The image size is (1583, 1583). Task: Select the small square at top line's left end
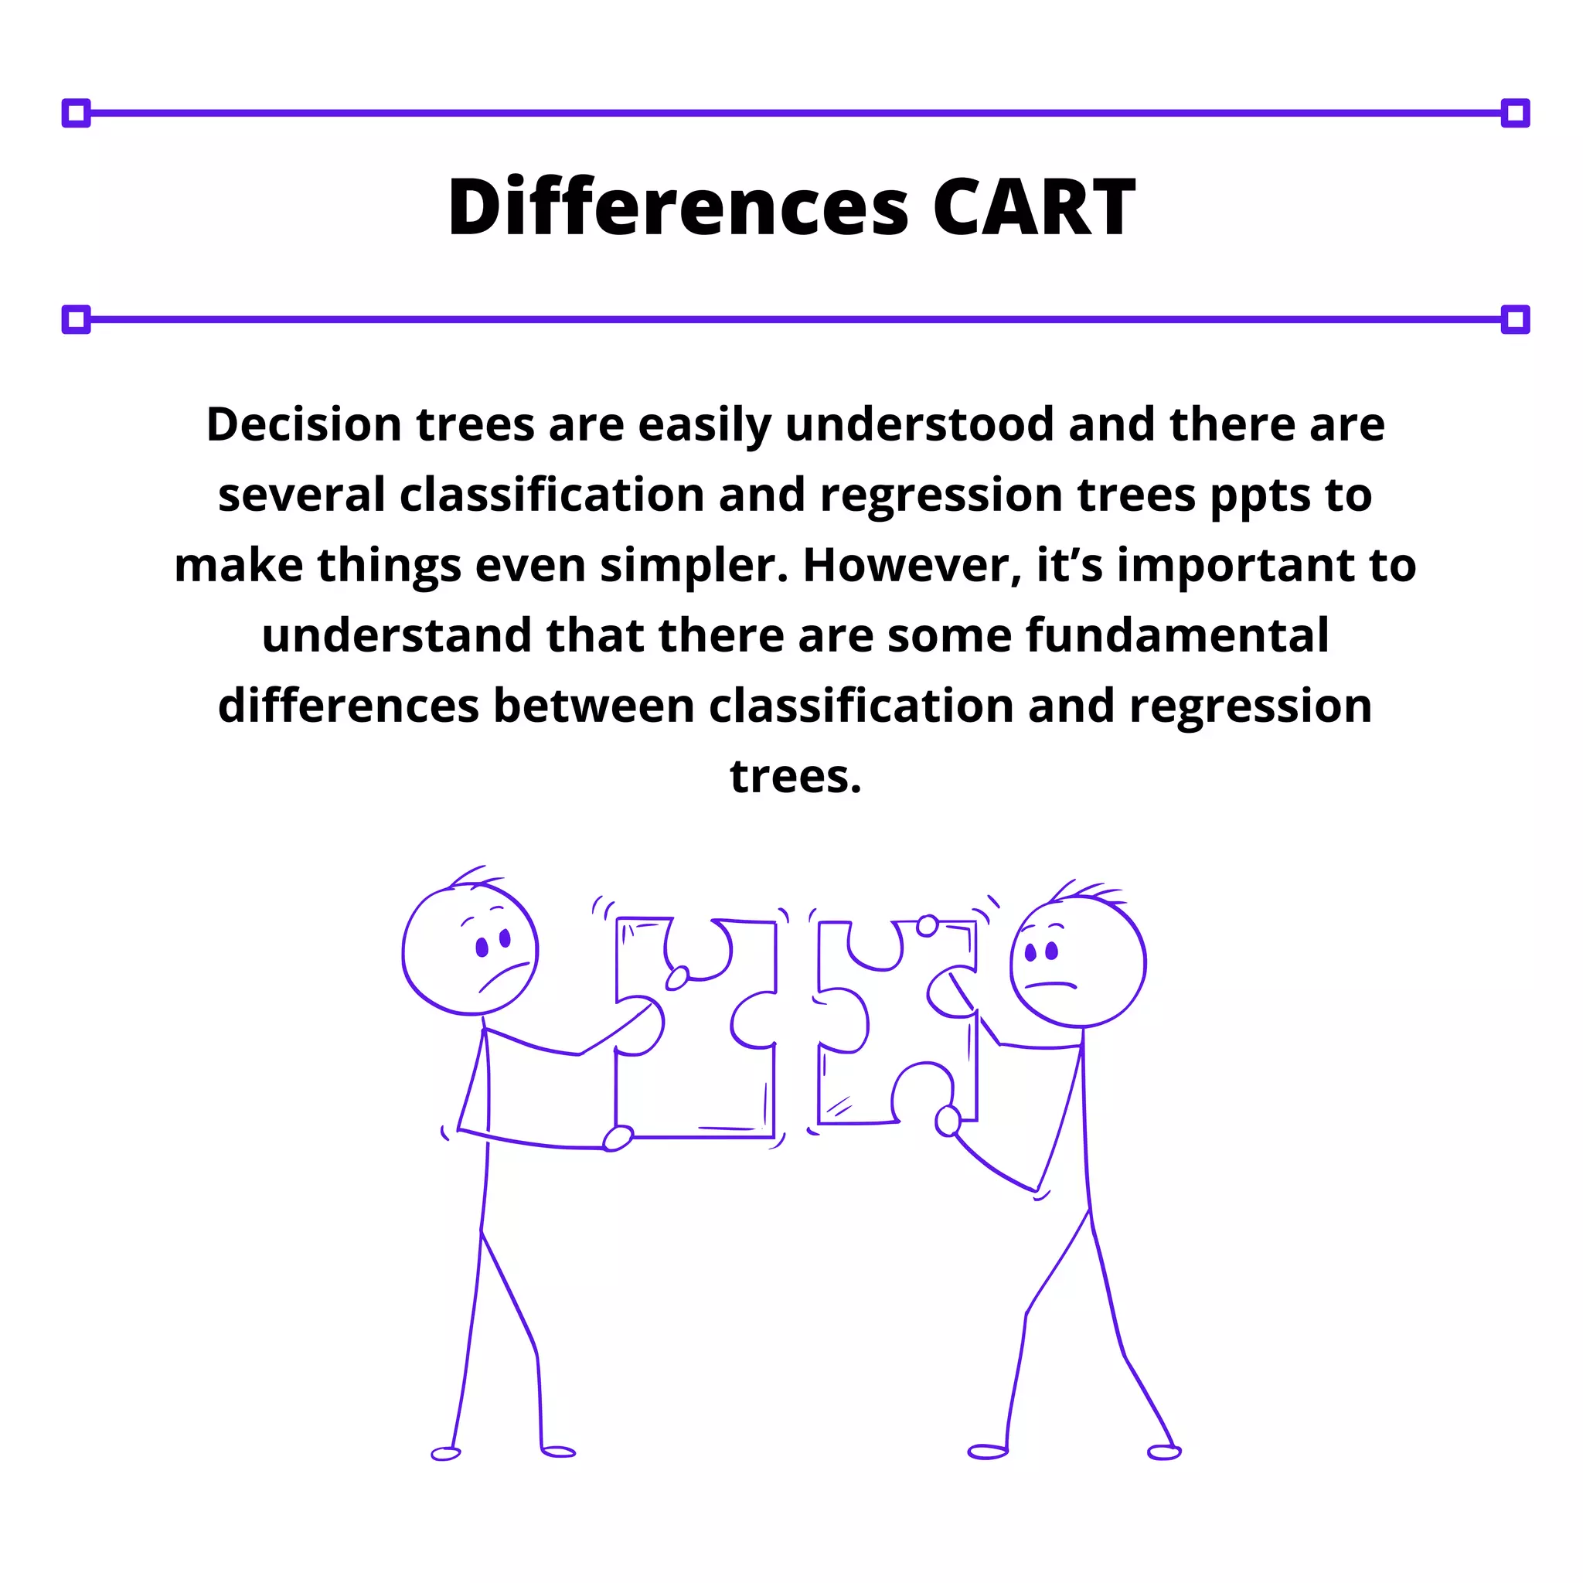tap(77, 113)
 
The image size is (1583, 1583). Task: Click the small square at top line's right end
tap(1515, 113)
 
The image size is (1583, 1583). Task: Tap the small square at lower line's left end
tap(77, 319)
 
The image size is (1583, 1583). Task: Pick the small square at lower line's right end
tap(1515, 319)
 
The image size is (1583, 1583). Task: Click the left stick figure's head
tap(469, 951)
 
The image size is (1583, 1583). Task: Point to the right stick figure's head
tap(1077, 961)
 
